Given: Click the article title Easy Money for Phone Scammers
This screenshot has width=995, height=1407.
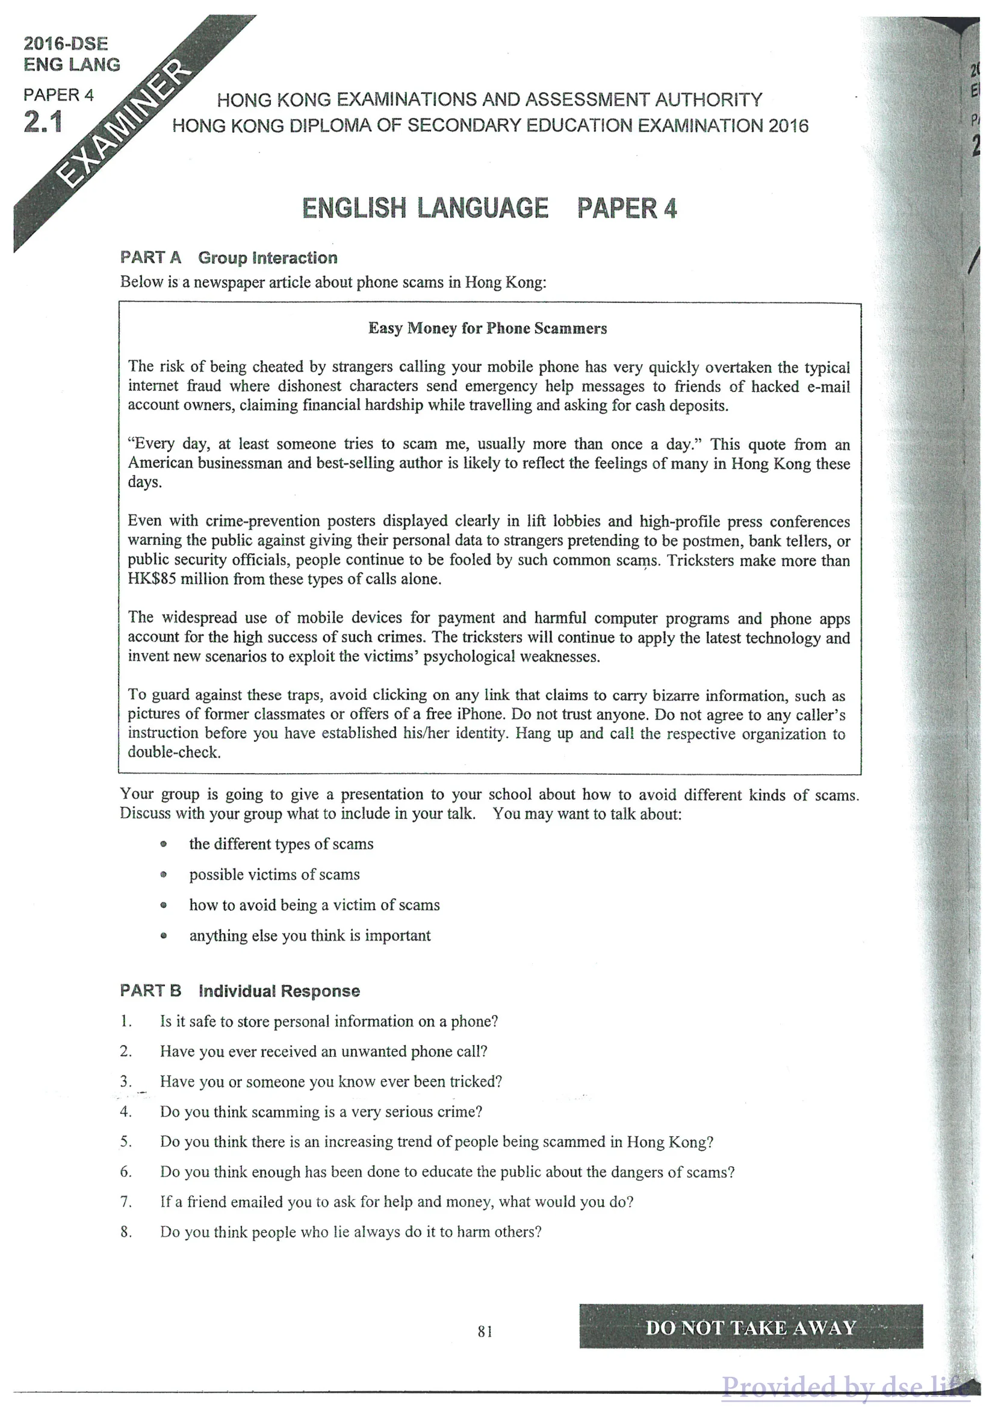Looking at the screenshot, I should [487, 329].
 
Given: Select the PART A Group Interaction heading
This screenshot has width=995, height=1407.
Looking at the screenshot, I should [229, 258].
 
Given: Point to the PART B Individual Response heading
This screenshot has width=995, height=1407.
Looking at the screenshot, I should [240, 991].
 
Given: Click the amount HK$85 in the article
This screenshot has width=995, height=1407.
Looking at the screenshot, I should [151, 579].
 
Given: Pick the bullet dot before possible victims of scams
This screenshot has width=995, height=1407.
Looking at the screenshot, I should [164, 874].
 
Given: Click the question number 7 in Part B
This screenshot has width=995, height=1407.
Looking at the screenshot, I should [125, 1202].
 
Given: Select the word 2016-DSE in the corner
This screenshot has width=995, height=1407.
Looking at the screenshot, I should [66, 43].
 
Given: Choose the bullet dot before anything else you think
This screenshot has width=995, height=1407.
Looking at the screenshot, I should [164, 936].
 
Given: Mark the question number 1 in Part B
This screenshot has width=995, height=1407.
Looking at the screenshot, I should [125, 1022].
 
